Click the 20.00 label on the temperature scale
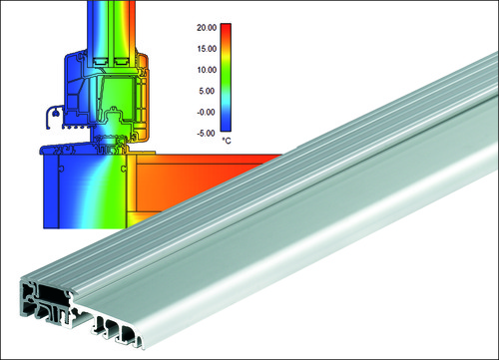point(207,28)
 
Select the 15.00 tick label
point(207,49)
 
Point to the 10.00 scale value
point(207,70)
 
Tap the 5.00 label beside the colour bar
point(208,91)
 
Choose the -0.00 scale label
point(207,113)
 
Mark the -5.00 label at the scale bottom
point(207,134)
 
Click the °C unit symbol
point(227,141)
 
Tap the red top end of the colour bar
point(226,27)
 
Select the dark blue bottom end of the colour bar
point(226,127)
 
